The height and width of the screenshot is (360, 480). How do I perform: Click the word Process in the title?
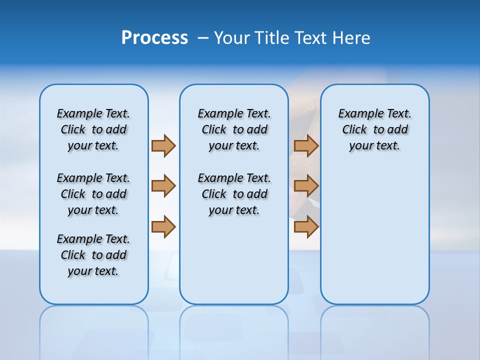click(x=154, y=37)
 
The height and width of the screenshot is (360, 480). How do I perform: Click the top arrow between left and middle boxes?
click(x=163, y=145)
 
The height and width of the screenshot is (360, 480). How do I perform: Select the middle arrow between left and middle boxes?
click(x=163, y=186)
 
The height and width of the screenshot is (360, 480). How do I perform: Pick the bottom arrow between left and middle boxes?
click(x=163, y=227)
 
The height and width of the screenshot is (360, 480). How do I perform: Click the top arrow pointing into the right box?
click(x=306, y=145)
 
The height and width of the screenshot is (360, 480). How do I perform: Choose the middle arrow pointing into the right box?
click(x=306, y=186)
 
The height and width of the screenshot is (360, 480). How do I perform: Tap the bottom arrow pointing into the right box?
click(x=306, y=227)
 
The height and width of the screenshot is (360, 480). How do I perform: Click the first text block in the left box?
click(x=93, y=129)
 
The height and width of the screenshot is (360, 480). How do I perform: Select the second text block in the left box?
click(x=93, y=194)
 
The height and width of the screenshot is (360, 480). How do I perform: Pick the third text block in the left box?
click(x=93, y=255)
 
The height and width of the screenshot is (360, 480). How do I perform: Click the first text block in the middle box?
click(x=234, y=129)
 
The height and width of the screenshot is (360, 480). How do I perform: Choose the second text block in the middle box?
click(x=234, y=194)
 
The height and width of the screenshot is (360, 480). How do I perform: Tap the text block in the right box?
click(x=375, y=129)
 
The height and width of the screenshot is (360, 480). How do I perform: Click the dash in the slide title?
click(x=203, y=38)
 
